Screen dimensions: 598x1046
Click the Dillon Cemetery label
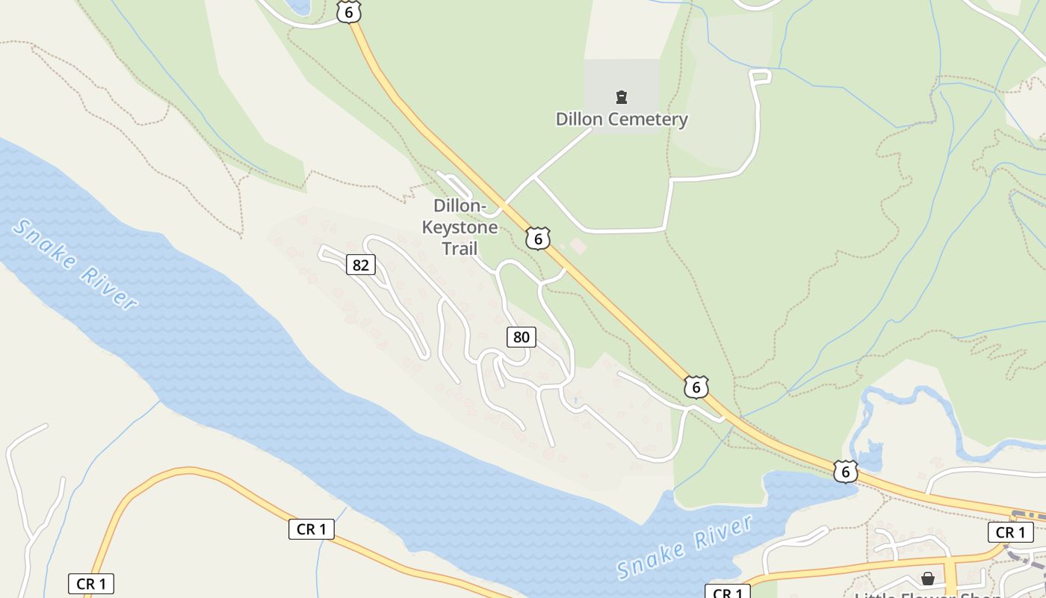click(622, 119)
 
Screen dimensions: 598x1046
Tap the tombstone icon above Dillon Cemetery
click(621, 96)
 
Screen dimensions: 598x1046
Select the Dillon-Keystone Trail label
click(459, 226)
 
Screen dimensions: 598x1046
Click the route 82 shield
click(361, 265)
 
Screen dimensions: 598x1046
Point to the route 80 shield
click(521, 337)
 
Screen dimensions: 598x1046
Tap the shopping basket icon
click(927, 579)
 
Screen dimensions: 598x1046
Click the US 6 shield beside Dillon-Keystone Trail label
click(537, 238)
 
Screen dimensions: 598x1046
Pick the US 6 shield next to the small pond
click(845, 471)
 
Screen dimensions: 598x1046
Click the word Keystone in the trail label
click(459, 226)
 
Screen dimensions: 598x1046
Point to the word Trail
click(459, 248)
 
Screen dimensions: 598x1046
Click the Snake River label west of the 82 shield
click(75, 263)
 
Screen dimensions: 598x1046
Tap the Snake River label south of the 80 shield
click(684, 546)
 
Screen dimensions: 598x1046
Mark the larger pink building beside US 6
click(578, 245)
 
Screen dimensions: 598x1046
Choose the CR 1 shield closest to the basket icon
click(1010, 532)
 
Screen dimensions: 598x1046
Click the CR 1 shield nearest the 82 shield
click(311, 529)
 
